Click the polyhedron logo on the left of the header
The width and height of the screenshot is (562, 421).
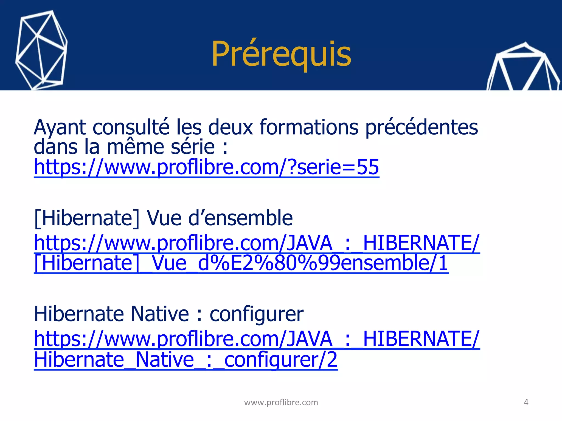point(41,51)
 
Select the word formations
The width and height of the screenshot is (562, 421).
point(309,127)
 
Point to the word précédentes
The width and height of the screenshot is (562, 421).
point(422,127)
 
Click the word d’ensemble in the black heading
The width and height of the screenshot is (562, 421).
point(241,218)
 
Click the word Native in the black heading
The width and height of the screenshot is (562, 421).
point(160,314)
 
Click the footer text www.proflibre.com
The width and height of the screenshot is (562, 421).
point(281,402)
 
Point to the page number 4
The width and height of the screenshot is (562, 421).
point(526,402)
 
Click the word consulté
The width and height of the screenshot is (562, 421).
point(131,127)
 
